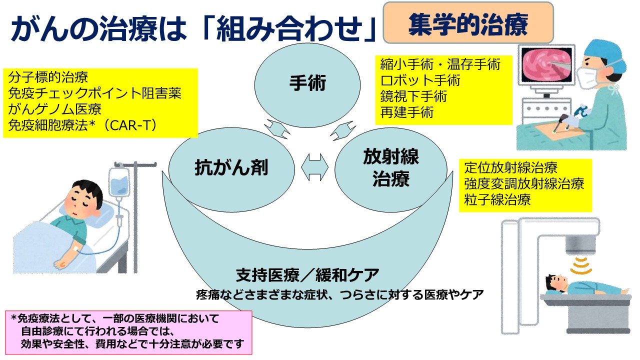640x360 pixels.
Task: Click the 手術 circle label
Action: tap(307, 83)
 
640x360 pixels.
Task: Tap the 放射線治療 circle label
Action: tap(390, 168)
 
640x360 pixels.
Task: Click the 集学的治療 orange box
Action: tap(468, 23)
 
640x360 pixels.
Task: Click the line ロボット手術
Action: tap(420, 80)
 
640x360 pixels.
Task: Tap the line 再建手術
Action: tap(407, 111)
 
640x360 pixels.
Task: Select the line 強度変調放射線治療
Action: tap(524, 183)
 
